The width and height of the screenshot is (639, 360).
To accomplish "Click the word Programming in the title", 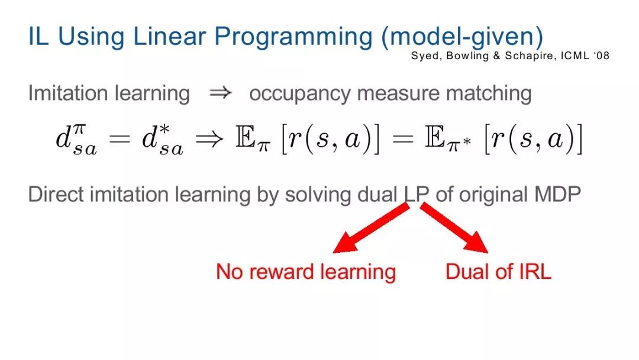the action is click(x=293, y=37).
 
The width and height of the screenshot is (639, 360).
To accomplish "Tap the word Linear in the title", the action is click(x=170, y=36).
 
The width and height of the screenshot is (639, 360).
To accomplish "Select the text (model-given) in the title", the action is click(x=462, y=37).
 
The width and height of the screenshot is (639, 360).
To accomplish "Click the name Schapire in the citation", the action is click(x=530, y=56).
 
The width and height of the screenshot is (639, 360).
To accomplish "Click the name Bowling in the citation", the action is click(x=467, y=56).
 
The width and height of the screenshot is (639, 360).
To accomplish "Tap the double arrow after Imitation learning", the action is click(x=221, y=93).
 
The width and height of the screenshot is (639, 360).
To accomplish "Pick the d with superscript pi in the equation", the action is click(x=76, y=139).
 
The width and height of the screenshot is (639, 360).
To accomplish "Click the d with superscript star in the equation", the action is click(x=162, y=139).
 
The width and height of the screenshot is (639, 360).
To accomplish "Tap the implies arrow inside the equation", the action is click(x=209, y=139).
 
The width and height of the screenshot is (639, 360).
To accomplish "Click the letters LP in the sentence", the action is click(x=416, y=194).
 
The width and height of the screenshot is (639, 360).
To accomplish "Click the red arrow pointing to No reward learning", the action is click(x=371, y=228).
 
